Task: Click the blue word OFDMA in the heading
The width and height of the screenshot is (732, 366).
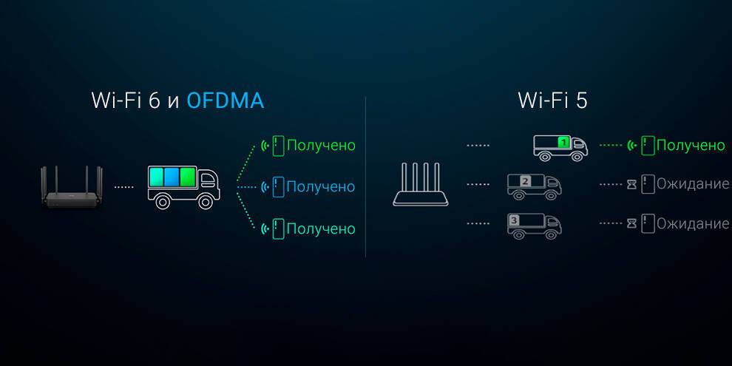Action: coord(225,101)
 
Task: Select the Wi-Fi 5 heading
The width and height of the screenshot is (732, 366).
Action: coord(552,101)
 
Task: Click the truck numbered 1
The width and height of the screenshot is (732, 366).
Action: coord(560,146)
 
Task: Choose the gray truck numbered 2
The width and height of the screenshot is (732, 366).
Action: coord(532,186)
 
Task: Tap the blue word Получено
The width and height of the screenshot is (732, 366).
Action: coord(320,187)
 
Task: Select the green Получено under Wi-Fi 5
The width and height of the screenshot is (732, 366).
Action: coord(691,146)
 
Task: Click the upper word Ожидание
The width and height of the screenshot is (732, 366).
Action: coord(693,184)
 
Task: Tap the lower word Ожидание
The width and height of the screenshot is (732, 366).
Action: coord(693,223)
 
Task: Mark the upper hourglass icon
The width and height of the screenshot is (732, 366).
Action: coord(631,184)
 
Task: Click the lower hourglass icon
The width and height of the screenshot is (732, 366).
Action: coord(631,223)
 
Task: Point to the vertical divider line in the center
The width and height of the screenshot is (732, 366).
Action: coord(366,177)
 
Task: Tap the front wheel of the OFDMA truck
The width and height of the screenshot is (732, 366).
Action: coord(207,201)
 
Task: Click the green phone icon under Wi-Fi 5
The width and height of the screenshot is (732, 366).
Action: coord(648,146)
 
